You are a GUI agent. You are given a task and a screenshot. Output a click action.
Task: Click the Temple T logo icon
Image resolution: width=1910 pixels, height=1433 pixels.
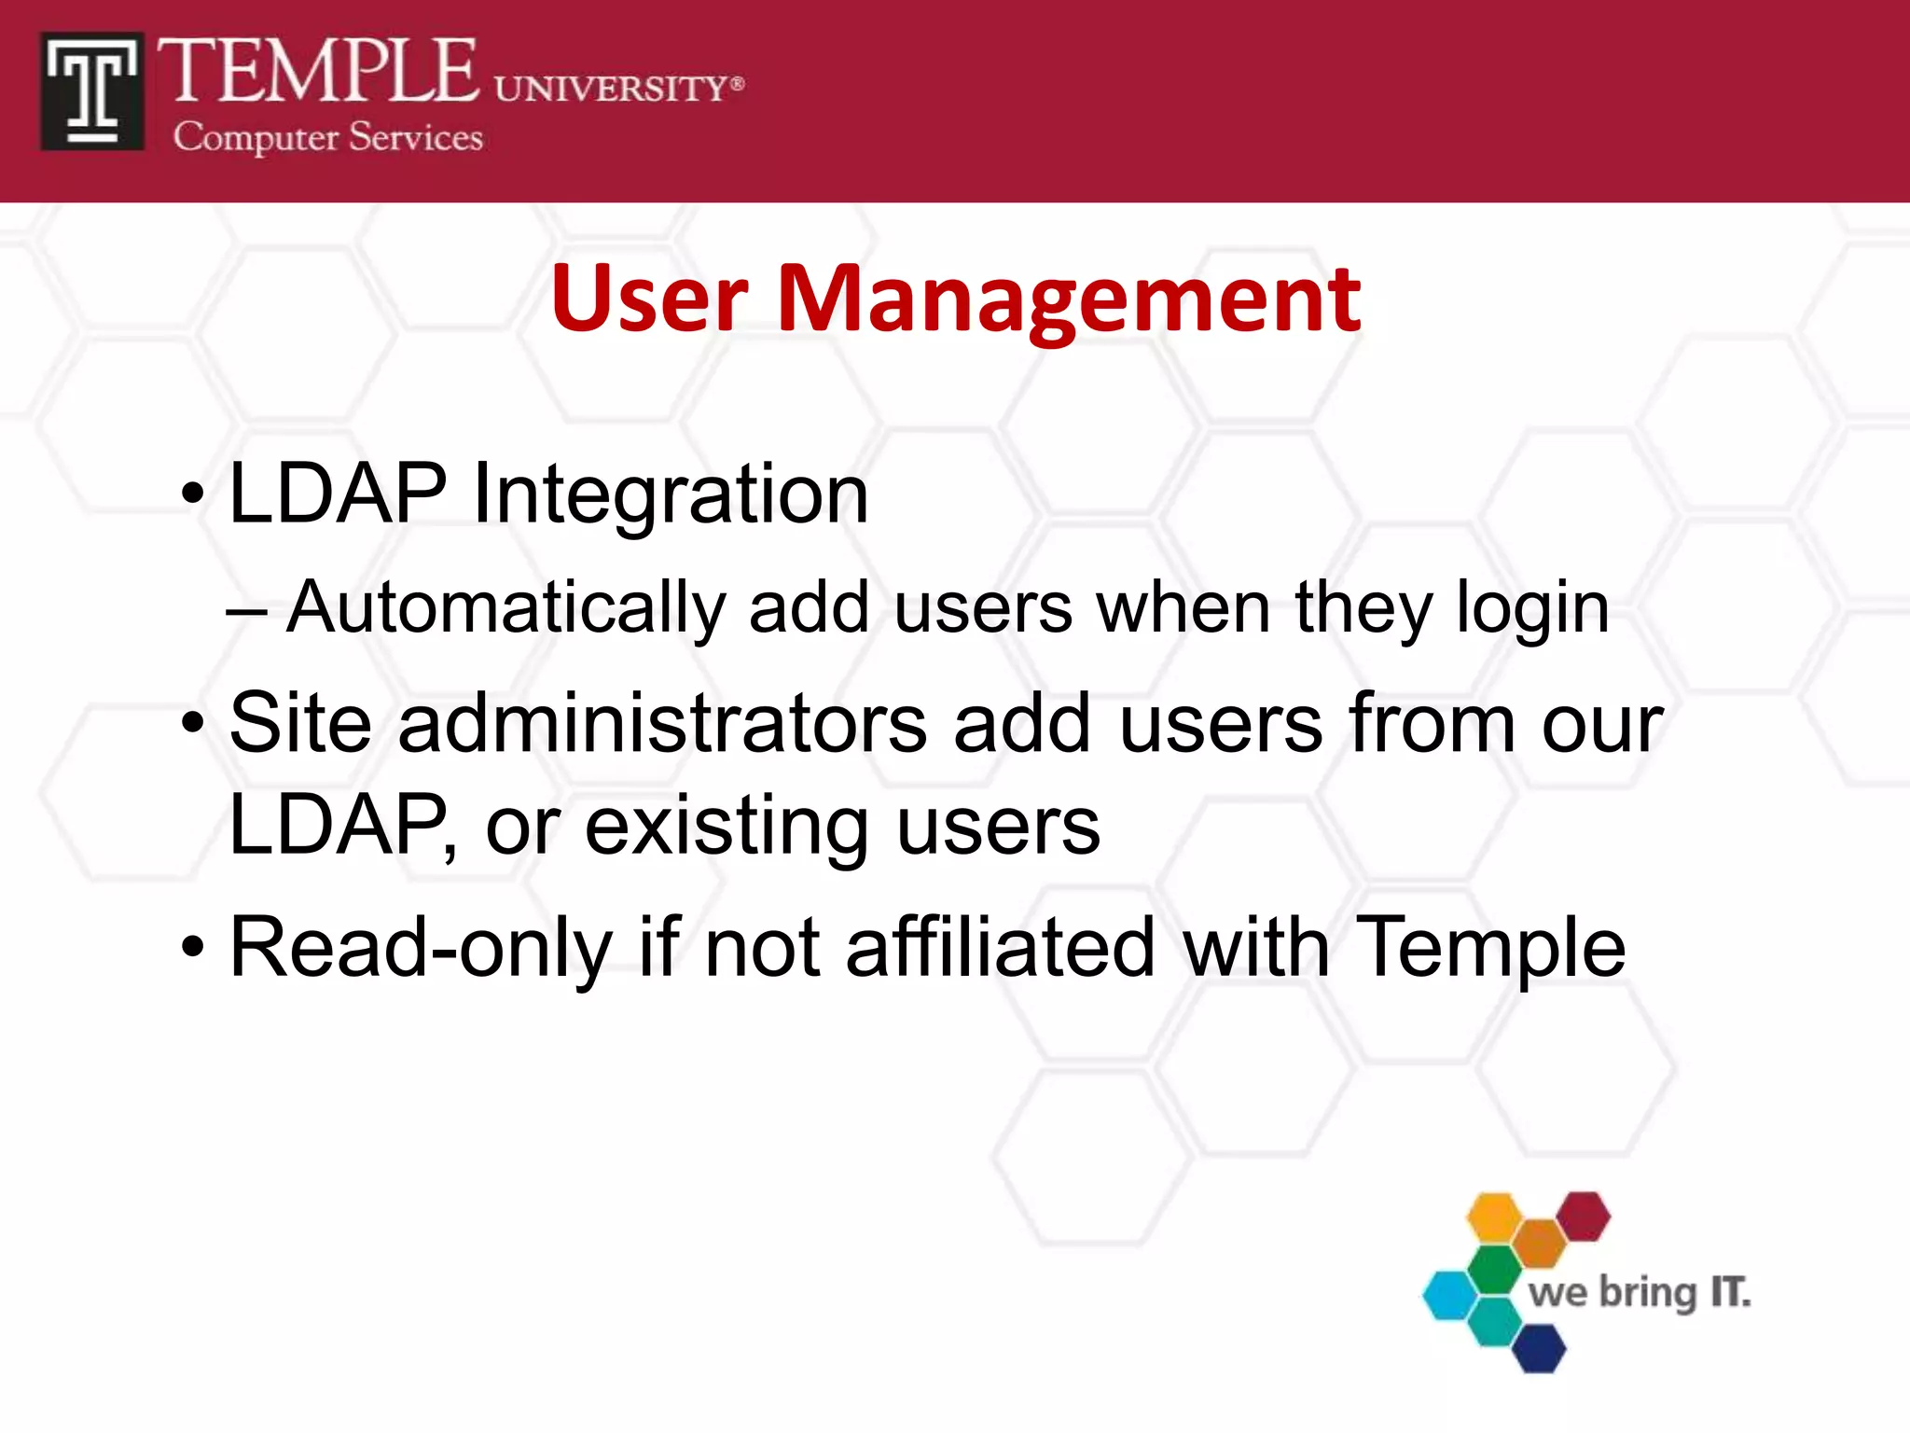tap(91, 91)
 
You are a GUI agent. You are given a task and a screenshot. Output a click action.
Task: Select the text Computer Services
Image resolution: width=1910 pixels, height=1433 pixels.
tap(327, 137)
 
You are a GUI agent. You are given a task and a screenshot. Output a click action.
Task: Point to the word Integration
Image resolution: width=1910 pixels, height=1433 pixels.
tap(671, 494)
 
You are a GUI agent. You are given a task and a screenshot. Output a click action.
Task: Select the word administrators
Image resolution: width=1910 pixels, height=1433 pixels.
tap(662, 724)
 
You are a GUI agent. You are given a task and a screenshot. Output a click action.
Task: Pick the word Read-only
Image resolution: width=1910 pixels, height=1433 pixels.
tap(421, 948)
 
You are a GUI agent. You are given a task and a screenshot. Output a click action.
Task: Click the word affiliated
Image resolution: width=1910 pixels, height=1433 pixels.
tap(1001, 948)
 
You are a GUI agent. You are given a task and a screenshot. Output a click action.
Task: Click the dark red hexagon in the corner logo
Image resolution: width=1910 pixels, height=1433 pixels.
tap(1584, 1217)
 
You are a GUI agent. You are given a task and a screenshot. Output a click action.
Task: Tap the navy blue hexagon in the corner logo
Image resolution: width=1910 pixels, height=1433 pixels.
tap(1538, 1348)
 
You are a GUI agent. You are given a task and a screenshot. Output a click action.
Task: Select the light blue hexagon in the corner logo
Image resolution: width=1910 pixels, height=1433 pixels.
tap(1450, 1295)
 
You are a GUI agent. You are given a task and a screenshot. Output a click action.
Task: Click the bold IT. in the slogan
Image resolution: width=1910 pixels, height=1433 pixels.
tap(1730, 1293)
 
